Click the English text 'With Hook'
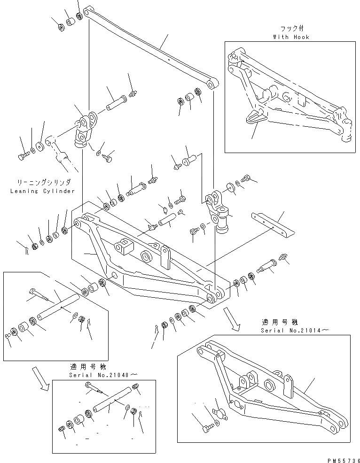[x=291, y=37]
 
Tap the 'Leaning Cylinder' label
[x=43, y=191]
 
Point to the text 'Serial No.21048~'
[x=104, y=375]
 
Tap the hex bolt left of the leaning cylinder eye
[x=23, y=156]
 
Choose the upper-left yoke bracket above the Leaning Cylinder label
[x=85, y=130]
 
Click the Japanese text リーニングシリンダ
[x=43, y=182]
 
